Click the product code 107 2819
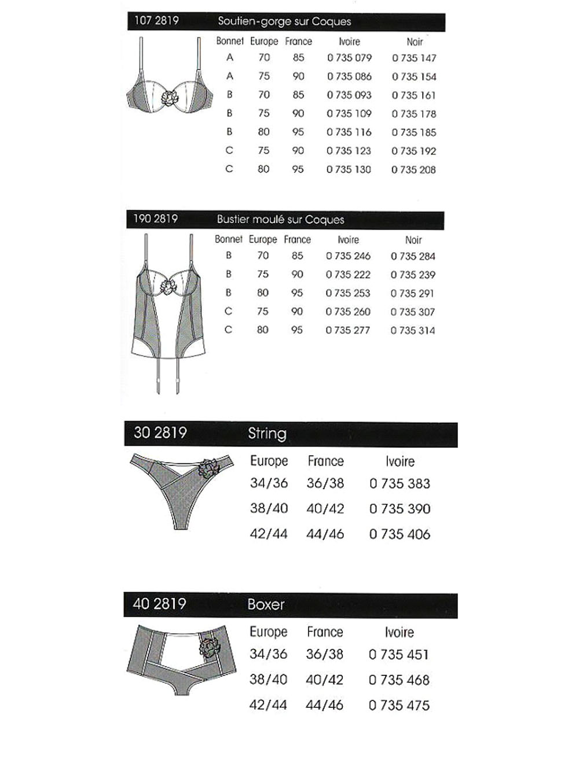click(x=156, y=21)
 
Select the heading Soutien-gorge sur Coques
click(x=284, y=22)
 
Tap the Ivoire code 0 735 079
click(x=349, y=58)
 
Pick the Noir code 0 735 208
click(x=413, y=170)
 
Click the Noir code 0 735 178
click(x=413, y=114)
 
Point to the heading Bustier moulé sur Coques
click(x=280, y=220)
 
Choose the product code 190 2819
click(x=155, y=219)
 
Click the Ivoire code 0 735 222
click(x=348, y=275)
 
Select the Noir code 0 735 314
click(x=412, y=331)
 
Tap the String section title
click(x=267, y=434)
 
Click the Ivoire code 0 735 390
click(x=400, y=509)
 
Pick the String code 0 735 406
click(x=400, y=534)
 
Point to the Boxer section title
click(x=266, y=605)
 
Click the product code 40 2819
click(x=159, y=604)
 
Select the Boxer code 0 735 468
click(x=399, y=680)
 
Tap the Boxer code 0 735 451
click(x=398, y=655)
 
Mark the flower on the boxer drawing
click(x=208, y=647)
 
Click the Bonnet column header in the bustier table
click(x=229, y=239)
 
